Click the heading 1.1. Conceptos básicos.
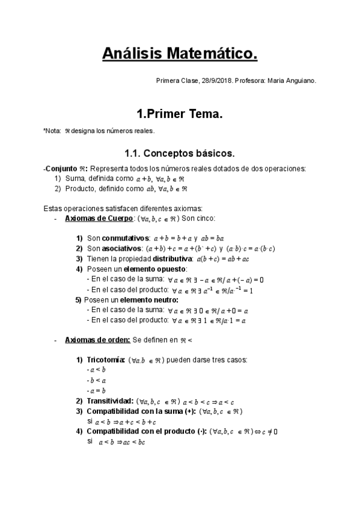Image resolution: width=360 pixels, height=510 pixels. (179, 153)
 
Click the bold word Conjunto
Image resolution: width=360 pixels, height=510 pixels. (63, 168)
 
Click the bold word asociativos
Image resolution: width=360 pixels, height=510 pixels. (121, 248)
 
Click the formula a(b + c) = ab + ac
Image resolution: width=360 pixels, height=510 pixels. (231, 258)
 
